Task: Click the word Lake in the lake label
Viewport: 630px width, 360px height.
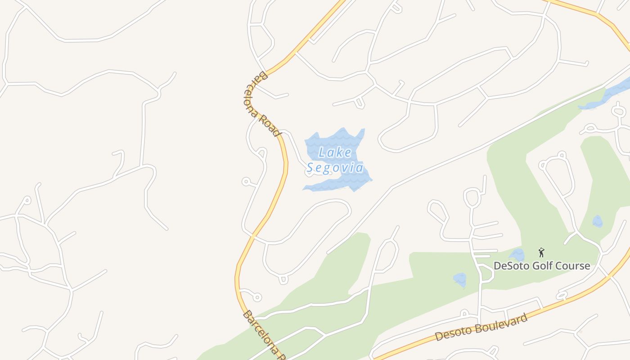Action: point(335,153)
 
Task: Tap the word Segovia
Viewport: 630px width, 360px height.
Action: point(335,168)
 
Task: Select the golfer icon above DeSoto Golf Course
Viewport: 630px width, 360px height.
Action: point(541,252)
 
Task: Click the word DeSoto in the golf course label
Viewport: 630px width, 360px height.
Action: point(511,266)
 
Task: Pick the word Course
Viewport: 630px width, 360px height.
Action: point(573,266)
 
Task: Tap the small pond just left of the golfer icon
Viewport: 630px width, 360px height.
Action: point(517,255)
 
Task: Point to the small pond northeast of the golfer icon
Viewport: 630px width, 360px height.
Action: point(597,221)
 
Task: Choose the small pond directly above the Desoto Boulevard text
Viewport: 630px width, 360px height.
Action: point(459,279)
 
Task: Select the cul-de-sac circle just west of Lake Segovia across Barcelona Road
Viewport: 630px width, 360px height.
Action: point(246,182)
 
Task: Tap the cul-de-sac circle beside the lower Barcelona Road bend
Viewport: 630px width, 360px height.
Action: point(257,297)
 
